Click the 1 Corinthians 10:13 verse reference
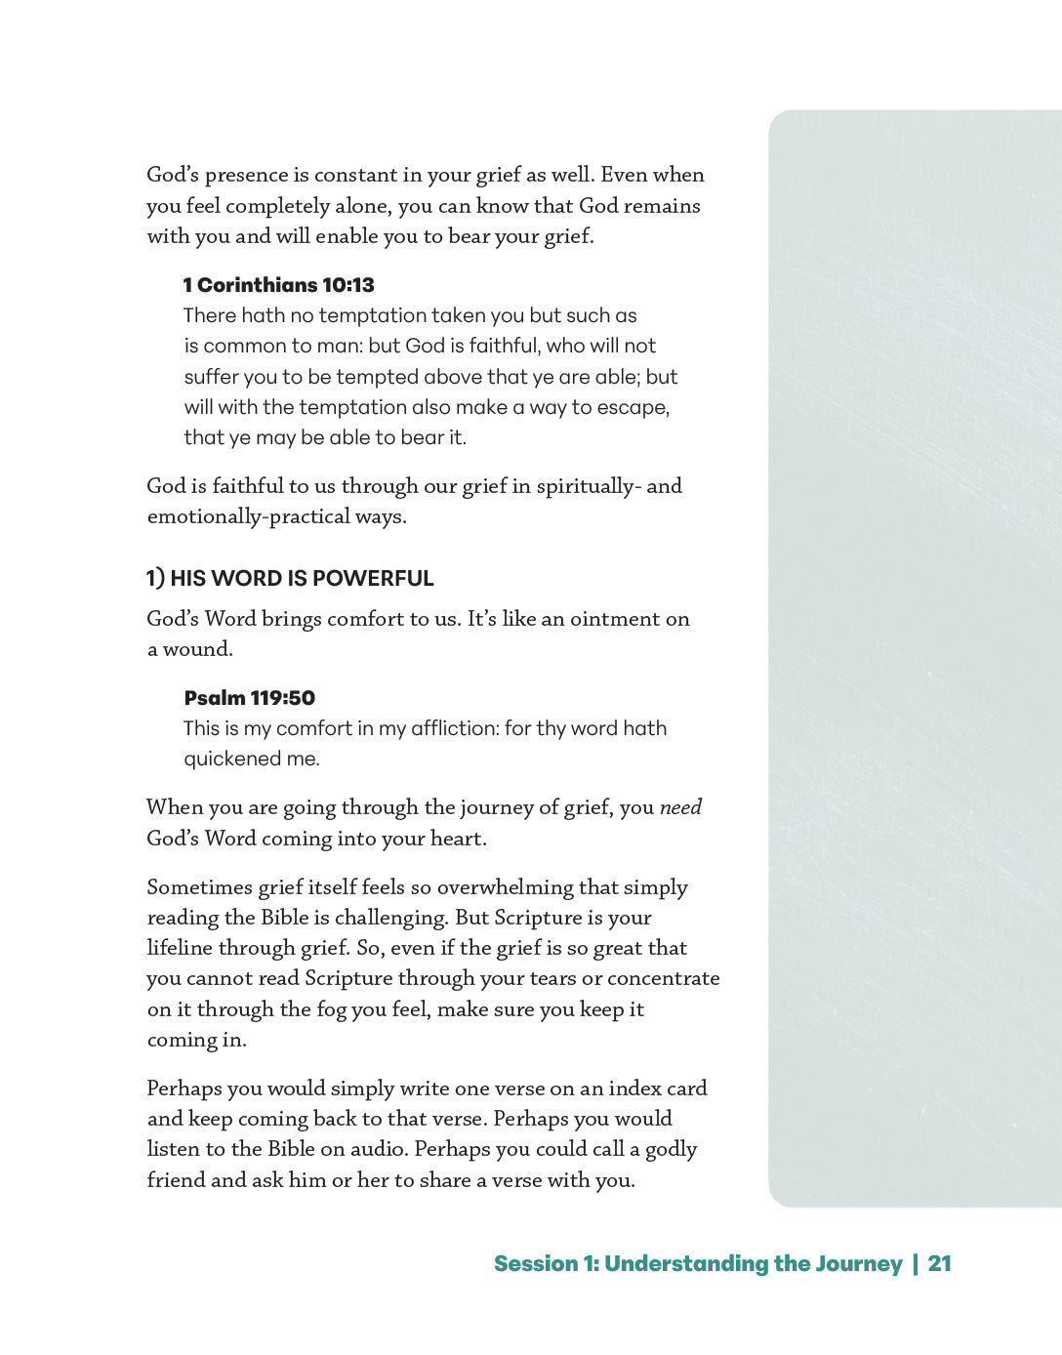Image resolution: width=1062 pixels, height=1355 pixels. (278, 285)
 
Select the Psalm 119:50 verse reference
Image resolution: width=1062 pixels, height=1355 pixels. (249, 698)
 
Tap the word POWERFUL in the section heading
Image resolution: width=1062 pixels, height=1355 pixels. (373, 578)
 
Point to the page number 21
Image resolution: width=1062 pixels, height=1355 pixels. (939, 1263)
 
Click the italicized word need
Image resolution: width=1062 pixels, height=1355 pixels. (680, 807)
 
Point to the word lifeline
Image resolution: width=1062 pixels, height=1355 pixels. (180, 948)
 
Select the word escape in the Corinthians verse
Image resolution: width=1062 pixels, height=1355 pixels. (635, 407)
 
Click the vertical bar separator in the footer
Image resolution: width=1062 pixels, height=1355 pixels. (916, 1263)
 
